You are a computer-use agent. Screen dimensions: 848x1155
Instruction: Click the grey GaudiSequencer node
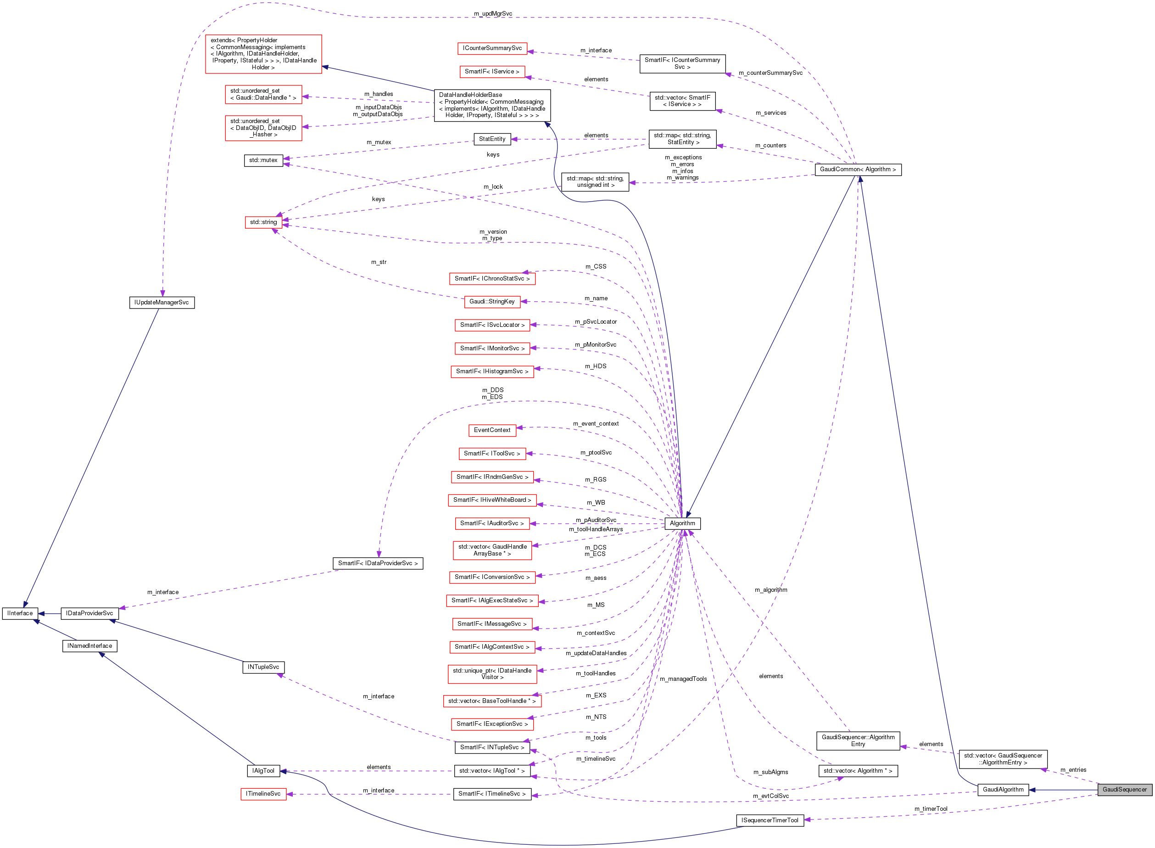click(1124, 790)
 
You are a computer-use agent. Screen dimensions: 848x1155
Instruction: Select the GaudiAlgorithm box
click(1003, 790)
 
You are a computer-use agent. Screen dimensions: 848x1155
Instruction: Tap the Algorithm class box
click(682, 523)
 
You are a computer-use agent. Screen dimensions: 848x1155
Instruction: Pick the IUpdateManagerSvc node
click(162, 303)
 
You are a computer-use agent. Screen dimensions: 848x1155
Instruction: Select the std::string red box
click(263, 222)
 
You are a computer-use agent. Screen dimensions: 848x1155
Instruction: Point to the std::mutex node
click(263, 160)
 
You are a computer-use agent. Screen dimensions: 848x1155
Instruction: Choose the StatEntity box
click(492, 139)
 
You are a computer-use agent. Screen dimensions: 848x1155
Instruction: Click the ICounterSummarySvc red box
click(492, 48)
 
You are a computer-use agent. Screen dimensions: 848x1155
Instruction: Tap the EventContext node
click(492, 430)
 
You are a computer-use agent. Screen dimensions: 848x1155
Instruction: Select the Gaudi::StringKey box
click(492, 302)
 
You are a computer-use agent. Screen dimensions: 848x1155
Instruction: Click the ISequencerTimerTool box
click(770, 820)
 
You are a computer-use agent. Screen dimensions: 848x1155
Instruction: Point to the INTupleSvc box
click(263, 667)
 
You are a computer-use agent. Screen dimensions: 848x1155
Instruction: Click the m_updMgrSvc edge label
click(492, 14)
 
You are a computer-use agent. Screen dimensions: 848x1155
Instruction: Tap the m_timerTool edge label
click(930, 809)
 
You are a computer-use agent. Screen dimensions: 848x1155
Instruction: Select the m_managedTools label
click(683, 679)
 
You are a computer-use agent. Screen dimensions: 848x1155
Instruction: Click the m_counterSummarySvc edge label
click(770, 73)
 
